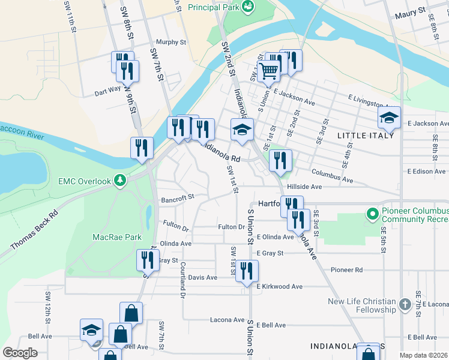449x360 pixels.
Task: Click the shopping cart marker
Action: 268,71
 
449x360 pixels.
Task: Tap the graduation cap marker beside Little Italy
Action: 389,118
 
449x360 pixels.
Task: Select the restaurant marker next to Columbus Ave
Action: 281,160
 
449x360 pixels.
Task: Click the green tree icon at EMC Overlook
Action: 121,179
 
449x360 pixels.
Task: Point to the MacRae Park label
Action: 117,237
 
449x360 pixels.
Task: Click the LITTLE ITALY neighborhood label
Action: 366,136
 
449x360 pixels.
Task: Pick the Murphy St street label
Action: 171,43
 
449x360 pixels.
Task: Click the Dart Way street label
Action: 107,92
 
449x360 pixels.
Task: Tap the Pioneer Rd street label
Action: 367,270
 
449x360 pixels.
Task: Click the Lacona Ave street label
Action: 227,320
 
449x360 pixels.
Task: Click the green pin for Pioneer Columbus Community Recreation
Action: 372,212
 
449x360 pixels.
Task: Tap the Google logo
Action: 20,352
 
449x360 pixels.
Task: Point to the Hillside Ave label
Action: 304,187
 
